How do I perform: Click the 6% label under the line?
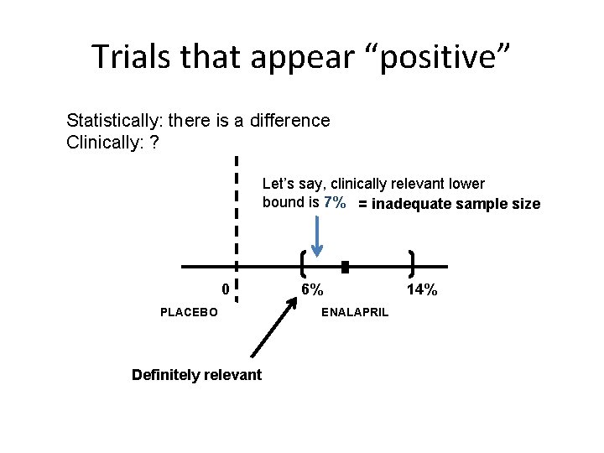(x=313, y=289)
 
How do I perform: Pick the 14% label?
(x=421, y=289)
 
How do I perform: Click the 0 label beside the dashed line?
(x=225, y=289)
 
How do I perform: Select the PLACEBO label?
(x=189, y=312)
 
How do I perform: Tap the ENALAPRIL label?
(x=355, y=312)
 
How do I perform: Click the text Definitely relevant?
(x=196, y=375)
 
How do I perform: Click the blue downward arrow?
(x=317, y=235)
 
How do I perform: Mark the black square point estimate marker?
(x=345, y=268)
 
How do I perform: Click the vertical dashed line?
(x=237, y=226)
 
